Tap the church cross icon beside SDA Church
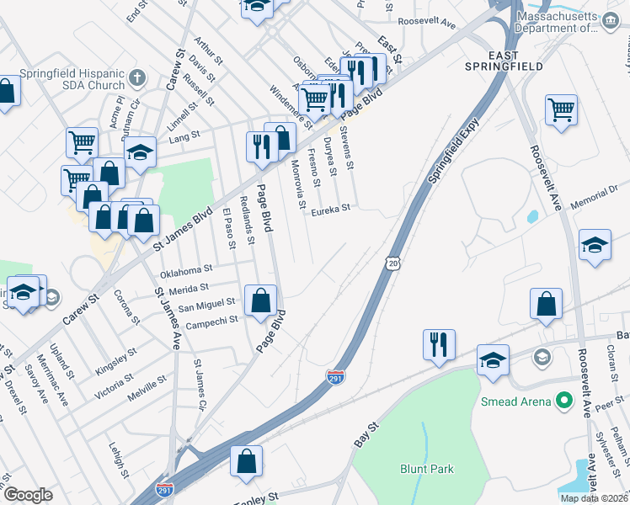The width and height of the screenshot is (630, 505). [x=139, y=79]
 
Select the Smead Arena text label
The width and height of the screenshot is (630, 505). [x=515, y=401]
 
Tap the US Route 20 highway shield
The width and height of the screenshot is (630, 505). [x=393, y=263]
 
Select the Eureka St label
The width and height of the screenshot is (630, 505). [x=332, y=208]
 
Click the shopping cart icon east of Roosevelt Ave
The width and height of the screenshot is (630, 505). [x=561, y=109]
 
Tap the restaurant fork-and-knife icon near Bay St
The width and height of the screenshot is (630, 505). [x=439, y=343]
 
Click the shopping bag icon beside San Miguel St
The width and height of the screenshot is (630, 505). [x=261, y=299]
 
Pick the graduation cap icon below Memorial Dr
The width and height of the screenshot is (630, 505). [x=595, y=244]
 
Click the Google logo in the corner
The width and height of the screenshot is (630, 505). [x=28, y=494]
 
